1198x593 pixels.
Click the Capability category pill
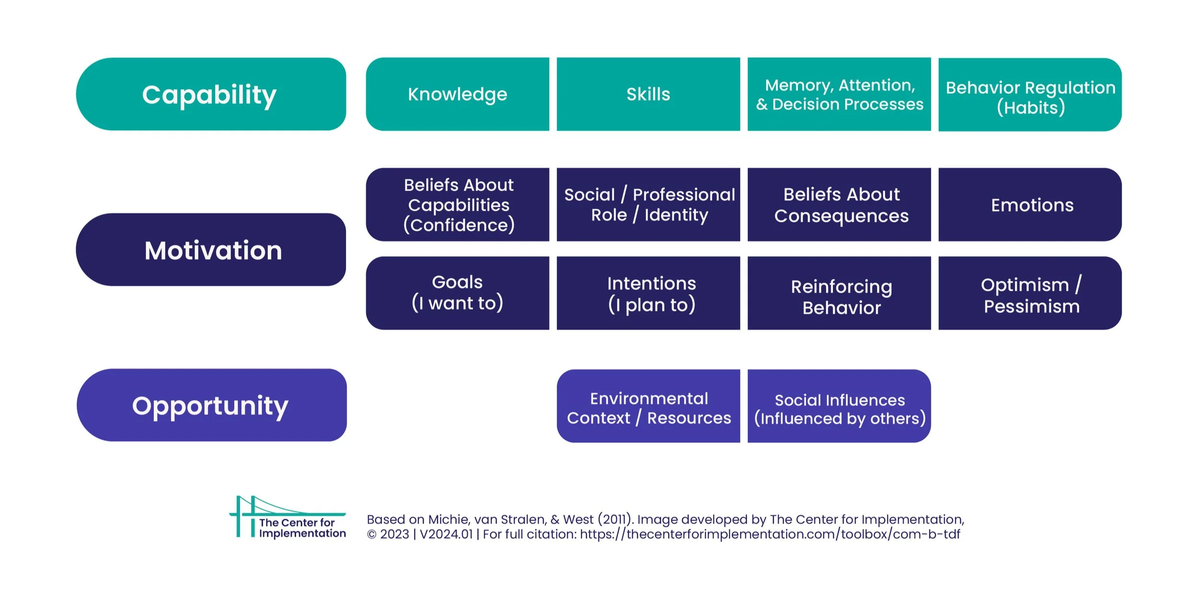211,94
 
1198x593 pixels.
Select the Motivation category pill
211,250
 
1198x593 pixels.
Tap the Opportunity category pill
211,405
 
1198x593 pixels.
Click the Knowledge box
457,94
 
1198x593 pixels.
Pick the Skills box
648,94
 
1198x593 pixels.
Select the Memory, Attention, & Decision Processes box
839,94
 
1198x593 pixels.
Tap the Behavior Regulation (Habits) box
1030,95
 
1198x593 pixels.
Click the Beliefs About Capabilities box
457,205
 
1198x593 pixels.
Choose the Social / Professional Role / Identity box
648,205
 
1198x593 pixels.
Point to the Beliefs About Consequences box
839,205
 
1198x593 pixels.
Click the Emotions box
1030,205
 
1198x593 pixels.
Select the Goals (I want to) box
457,293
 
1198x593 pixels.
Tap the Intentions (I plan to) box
648,293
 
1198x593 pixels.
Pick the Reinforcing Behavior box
839,293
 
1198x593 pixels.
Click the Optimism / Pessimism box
1030,293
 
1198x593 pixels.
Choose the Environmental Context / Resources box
648,406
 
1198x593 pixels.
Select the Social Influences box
839,406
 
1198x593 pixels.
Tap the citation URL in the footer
770,534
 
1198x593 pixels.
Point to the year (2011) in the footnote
614,519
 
